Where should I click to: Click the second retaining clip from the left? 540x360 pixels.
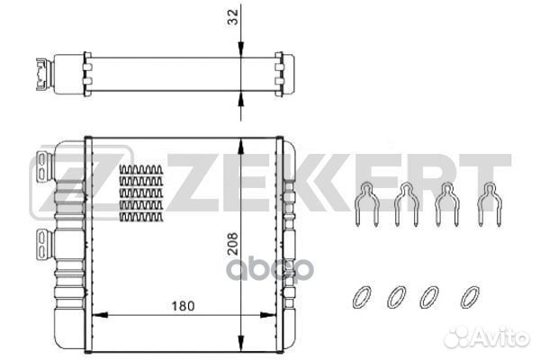[406, 205]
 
